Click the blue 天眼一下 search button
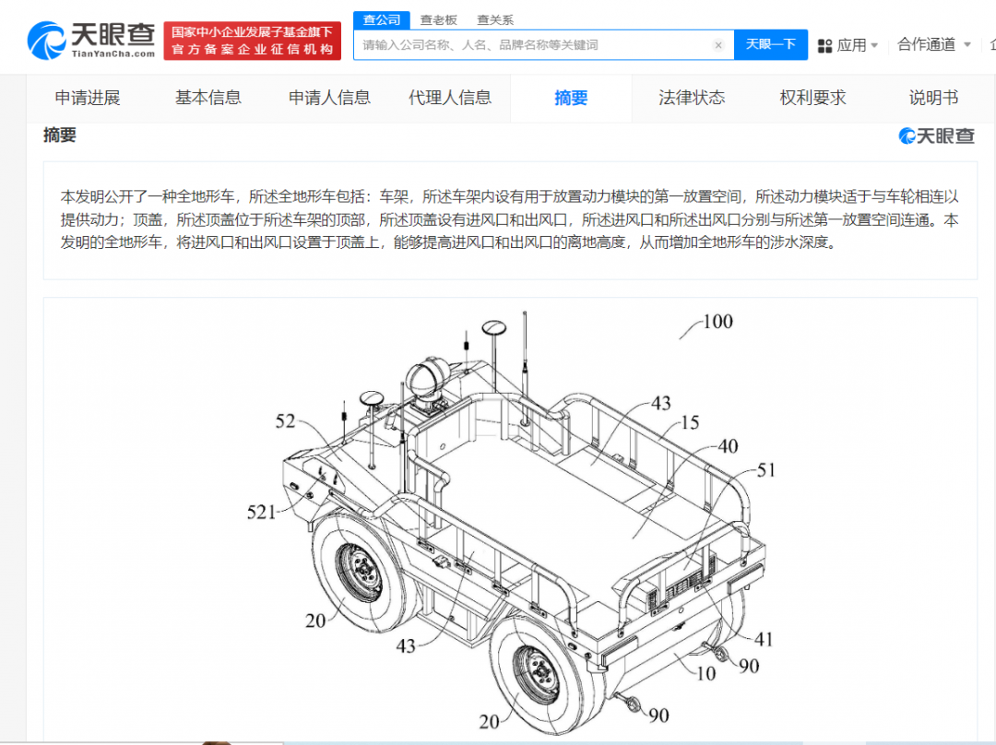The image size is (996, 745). pyautogui.click(x=770, y=44)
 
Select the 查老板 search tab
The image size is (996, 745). pyautogui.click(x=438, y=19)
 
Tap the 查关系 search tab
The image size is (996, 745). pyautogui.click(x=495, y=19)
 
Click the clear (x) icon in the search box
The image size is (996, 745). pyautogui.click(x=718, y=45)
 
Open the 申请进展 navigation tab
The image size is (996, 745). pyautogui.click(x=88, y=98)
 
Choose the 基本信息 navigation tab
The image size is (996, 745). pyautogui.click(x=208, y=98)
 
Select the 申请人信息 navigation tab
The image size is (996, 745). pyautogui.click(x=329, y=98)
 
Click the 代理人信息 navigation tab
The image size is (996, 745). pyautogui.click(x=450, y=98)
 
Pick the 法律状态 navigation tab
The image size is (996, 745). pyautogui.click(x=692, y=98)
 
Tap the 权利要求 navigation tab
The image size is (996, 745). pyautogui.click(x=813, y=98)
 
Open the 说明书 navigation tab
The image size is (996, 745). pyautogui.click(x=933, y=98)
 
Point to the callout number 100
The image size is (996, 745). pyautogui.click(x=717, y=322)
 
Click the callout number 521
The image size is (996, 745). pyautogui.click(x=261, y=512)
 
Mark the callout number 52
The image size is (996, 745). pyautogui.click(x=285, y=421)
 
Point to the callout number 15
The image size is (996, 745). pyautogui.click(x=690, y=422)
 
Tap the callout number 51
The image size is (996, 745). pyautogui.click(x=766, y=470)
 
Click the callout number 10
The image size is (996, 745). pyautogui.click(x=705, y=673)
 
